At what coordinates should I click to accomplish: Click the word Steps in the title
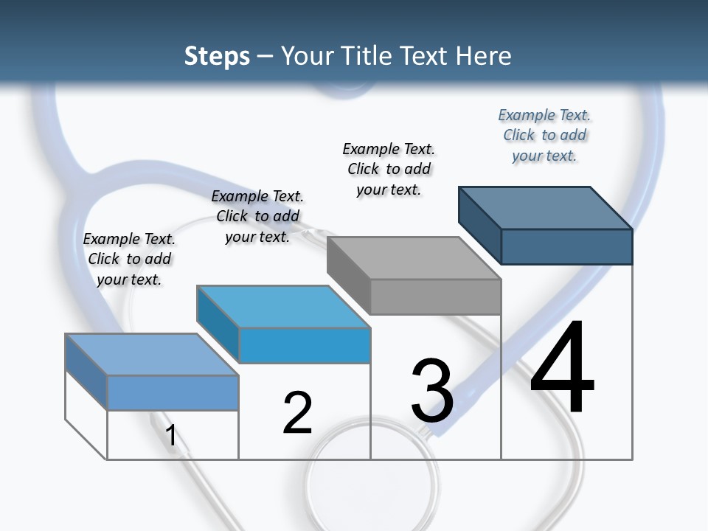click(x=217, y=56)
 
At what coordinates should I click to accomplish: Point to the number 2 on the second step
click(x=298, y=413)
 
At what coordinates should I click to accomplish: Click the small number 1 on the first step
click(x=171, y=435)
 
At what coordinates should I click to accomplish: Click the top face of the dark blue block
click(x=546, y=207)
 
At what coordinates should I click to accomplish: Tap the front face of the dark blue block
click(x=566, y=246)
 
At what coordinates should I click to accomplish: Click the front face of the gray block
click(x=435, y=296)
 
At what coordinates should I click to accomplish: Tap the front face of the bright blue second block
click(x=305, y=345)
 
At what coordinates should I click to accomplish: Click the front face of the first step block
click(x=173, y=393)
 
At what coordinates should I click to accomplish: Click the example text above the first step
click(x=129, y=259)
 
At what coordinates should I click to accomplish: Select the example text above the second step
click(x=257, y=216)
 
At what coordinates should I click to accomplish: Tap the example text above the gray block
click(x=389, y=169)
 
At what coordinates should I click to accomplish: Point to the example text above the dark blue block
click(x=544, y=135)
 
